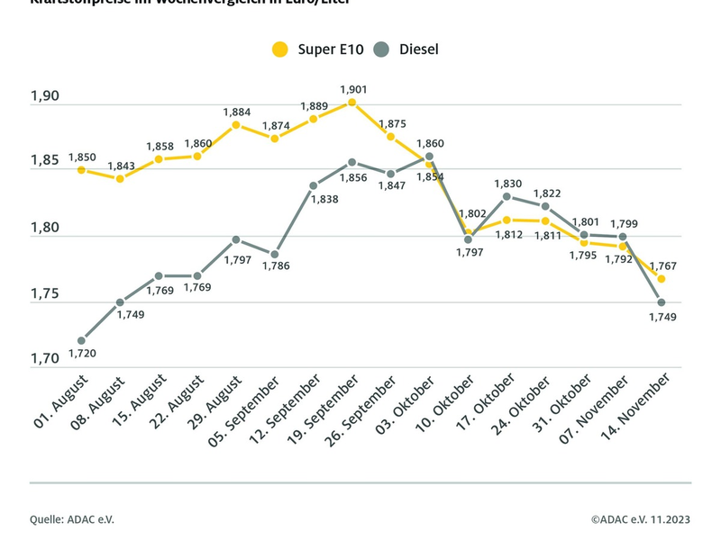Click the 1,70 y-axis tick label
click(x=45, y=359)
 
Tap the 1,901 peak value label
click(x=352, y=89)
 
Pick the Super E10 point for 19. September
click(x=352, y=103)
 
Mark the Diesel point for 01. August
click(x=81, y=341)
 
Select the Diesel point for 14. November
click(x=662, y=302)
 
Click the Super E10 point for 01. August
click(x=81, y=170)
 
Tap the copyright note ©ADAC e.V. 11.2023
click(x=641, y=519)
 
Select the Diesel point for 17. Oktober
click(x=507, y=196)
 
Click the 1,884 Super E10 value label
click(x=236, y=112)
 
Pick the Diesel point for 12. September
click(x=314, y=185)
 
